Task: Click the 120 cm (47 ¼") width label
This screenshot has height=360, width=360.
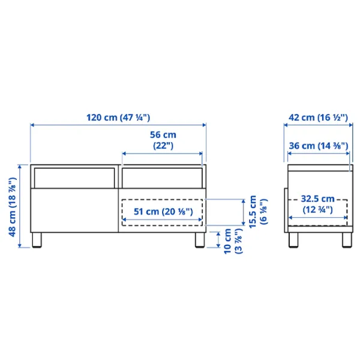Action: point(118,118)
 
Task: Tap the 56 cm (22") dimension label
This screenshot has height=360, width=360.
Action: point(163,140)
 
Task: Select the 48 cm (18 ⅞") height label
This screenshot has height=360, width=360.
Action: point(13,207)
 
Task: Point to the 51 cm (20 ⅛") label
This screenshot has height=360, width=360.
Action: point(163,212)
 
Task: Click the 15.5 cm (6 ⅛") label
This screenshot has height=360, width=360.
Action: point(258,212)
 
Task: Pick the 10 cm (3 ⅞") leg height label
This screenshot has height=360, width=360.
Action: point(233,241)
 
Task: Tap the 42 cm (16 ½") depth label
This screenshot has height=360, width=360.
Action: point(318,118)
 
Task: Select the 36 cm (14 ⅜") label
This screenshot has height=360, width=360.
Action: point(319,146)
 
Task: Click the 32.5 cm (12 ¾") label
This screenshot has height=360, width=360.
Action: point(317,204)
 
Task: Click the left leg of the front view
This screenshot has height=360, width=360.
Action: point(37,240)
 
